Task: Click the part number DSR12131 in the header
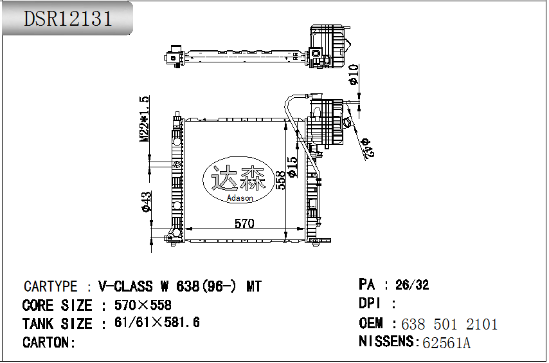[x=68, y=19]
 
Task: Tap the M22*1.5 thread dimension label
[x=145, y=119]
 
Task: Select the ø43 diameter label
[x=147, y=201]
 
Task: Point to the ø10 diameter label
[x=354, y=75]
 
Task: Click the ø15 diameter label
[x=292, y=167]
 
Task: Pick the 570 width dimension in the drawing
[x=244, y=223]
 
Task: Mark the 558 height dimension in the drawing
[x=281, y=180]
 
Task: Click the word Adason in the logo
[x=240, y=198]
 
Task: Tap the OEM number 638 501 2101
[x=449, y=324]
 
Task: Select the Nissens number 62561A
[x=446, y=342]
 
